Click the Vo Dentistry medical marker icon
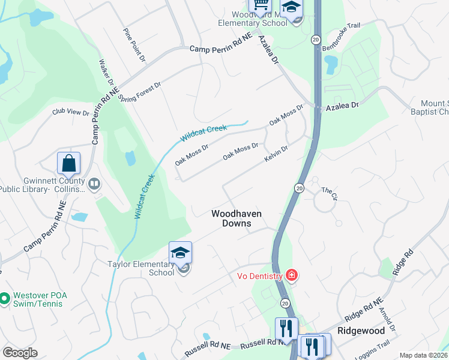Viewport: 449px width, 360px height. click(292, 275)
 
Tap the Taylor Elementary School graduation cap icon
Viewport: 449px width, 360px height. click(180, 253)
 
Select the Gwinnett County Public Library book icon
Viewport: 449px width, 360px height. click(94, 184)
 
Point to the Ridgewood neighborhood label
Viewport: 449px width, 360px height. click(360, 331)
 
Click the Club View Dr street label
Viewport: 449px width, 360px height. click(70, 112)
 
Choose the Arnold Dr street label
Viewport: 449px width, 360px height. click(387, 320)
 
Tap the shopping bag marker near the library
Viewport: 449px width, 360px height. click(69, 163)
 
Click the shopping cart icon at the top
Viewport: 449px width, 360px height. click(261, 5)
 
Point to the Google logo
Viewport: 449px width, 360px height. click(20, 353)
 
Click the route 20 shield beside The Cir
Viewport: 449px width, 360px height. click(299, 188)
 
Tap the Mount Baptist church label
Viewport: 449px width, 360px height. click(429, 107)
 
